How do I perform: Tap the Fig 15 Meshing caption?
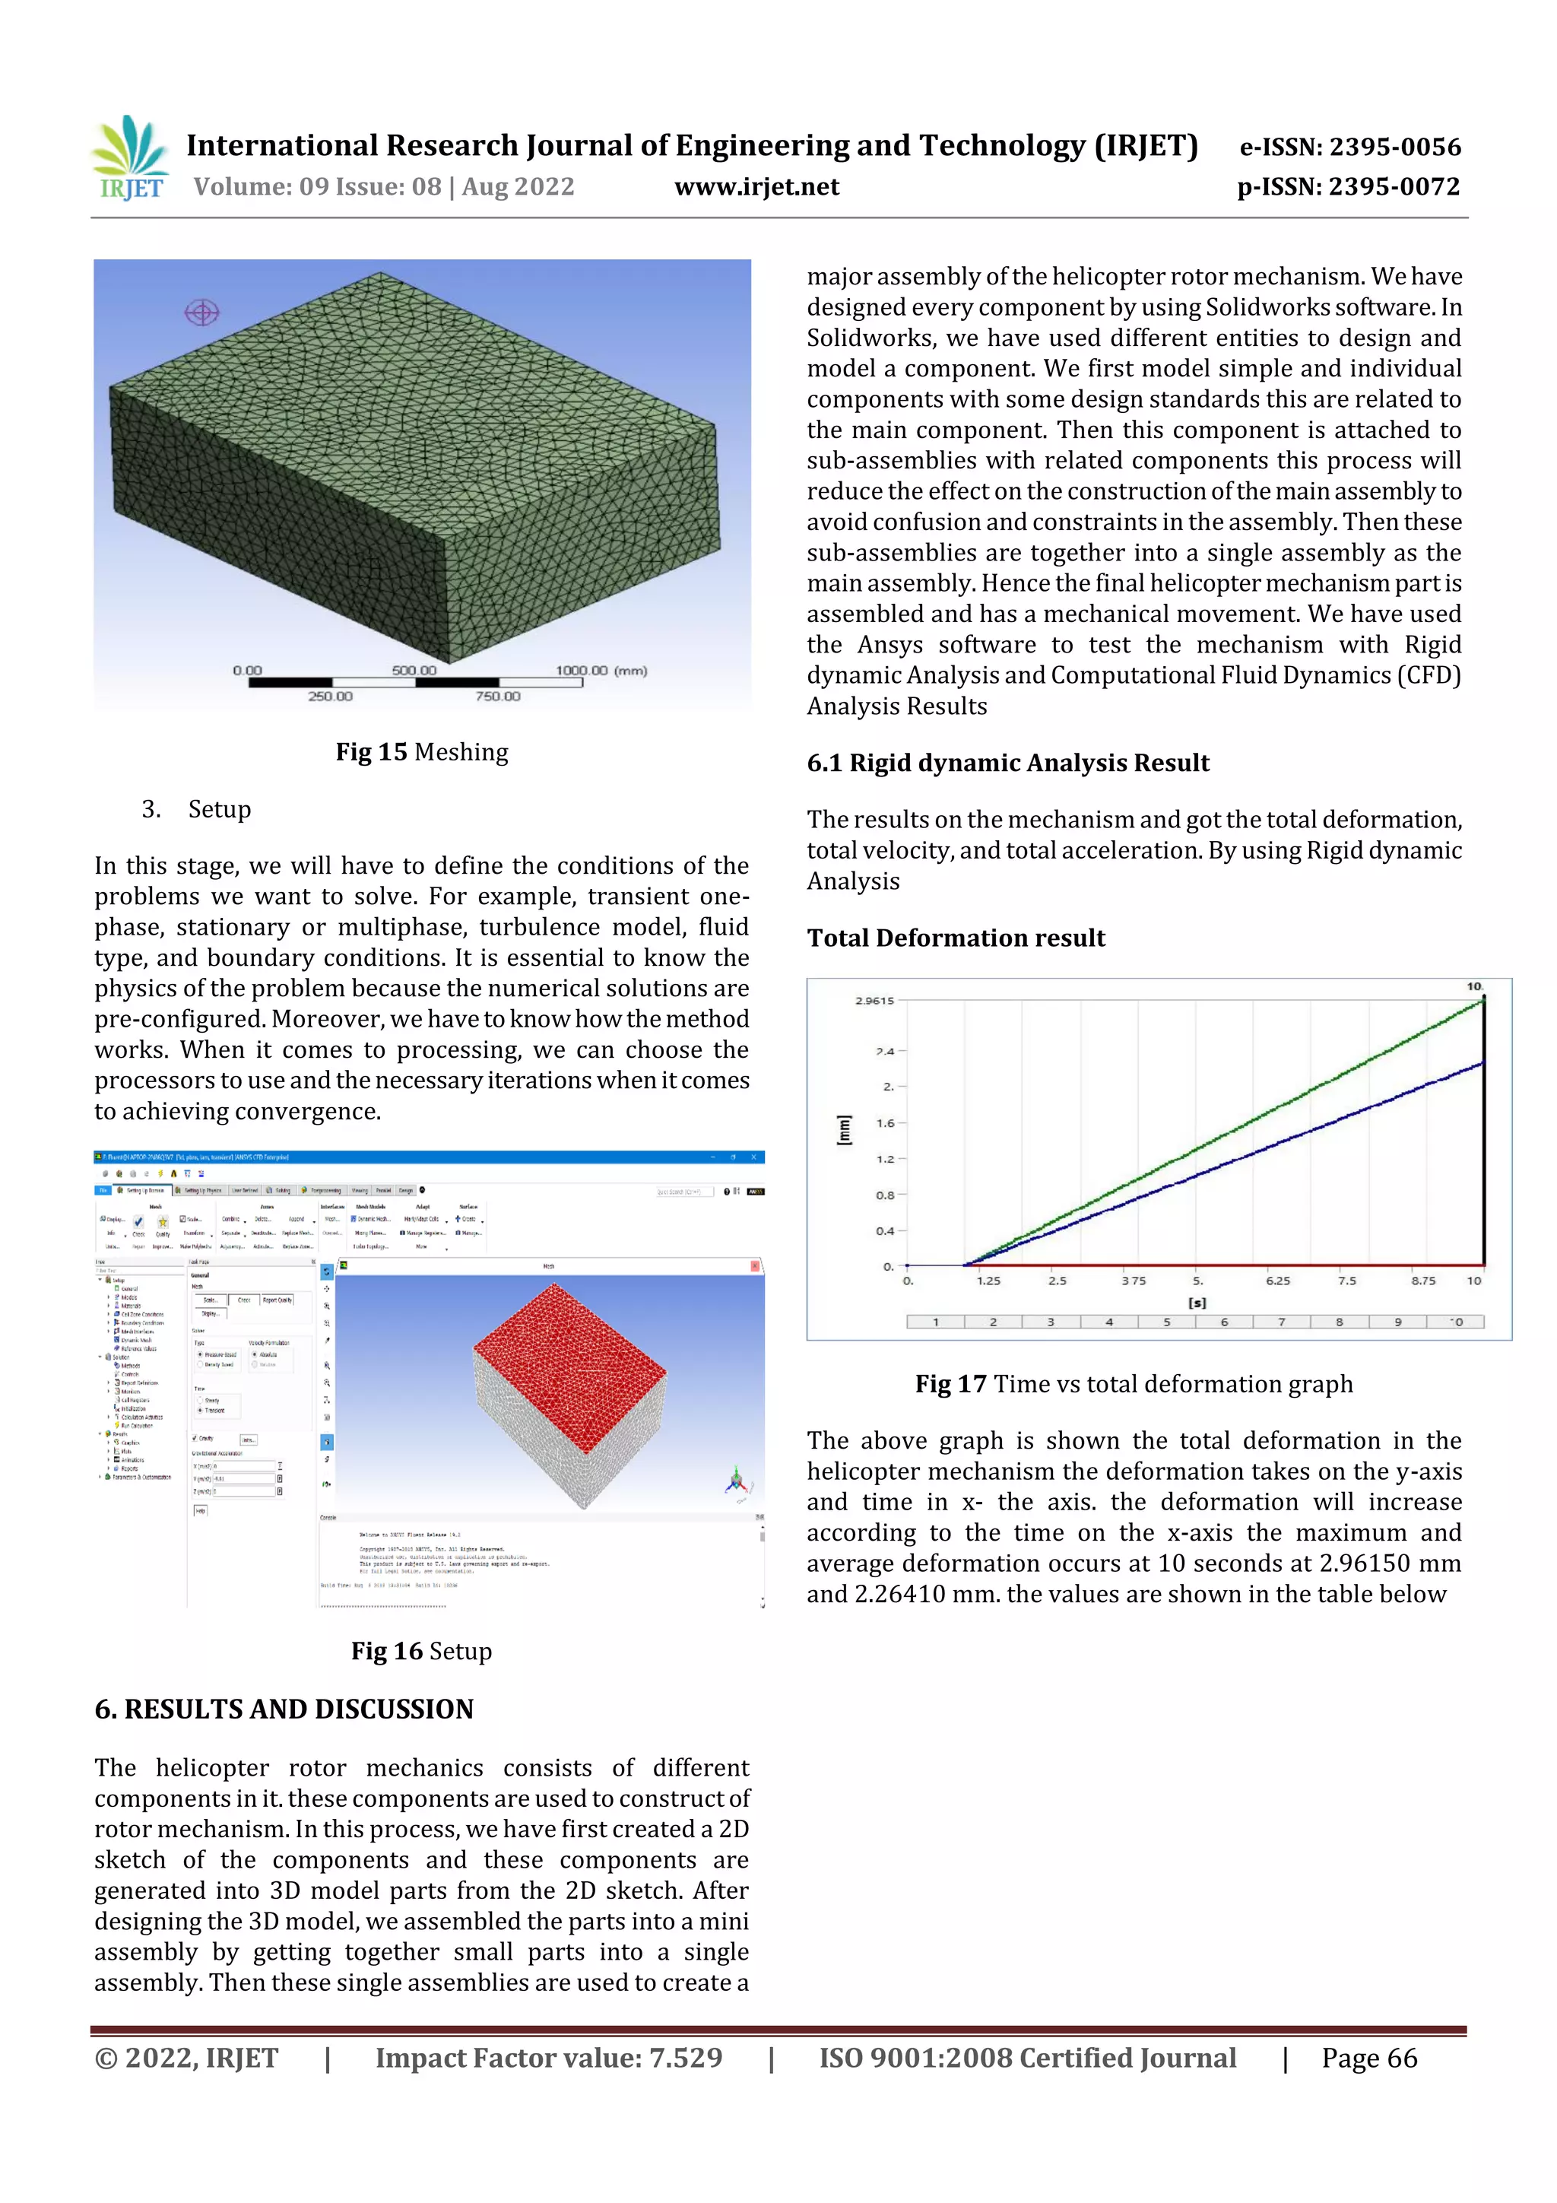coord(421,752)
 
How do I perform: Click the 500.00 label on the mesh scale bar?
coord(414,671)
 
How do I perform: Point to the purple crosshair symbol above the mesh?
coord(201,312)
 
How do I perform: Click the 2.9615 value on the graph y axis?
coord(874,1001)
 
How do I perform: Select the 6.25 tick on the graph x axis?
coord(1277,1281)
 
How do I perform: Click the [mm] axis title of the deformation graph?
coord(843,1129)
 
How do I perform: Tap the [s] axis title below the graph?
coord(1197,1303)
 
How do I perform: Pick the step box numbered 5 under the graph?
coord(1166,1322)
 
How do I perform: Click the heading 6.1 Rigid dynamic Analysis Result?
coord(1007,763)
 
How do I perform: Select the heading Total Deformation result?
coord(956,938)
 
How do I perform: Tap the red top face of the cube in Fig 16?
coord(569,1363)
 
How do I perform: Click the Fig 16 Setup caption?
coord(421,1651)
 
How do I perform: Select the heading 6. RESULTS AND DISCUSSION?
coord(284,1709)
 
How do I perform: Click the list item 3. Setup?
coord(198,809)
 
